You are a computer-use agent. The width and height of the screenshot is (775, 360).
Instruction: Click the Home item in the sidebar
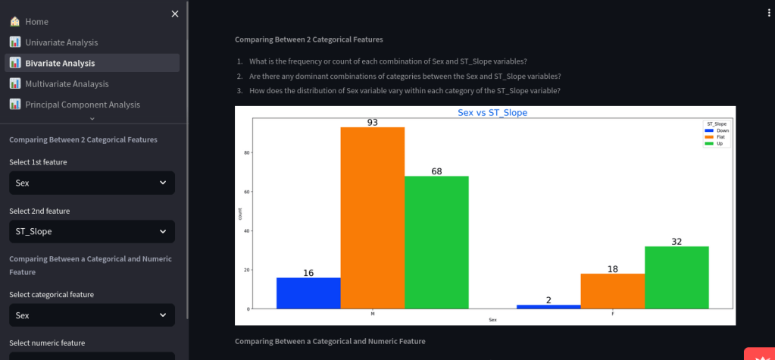[36, 21]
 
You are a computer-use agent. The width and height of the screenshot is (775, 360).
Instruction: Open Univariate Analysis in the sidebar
[61, 42]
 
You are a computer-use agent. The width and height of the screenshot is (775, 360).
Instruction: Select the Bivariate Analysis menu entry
[59, 63]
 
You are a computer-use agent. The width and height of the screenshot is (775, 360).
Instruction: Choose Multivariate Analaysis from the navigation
[67, 84]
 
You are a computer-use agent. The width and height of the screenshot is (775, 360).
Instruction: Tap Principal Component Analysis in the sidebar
[82, 105]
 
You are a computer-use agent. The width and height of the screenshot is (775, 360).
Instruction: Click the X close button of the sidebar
[175, 14]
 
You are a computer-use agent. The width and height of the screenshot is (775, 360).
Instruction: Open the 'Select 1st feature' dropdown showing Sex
[92, 183]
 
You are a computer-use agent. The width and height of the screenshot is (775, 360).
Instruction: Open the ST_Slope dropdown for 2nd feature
[92, 231]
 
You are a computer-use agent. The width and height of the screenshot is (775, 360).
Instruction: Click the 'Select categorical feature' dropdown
[92, 315]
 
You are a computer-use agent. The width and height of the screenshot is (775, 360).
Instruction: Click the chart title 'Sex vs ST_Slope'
[492, 113]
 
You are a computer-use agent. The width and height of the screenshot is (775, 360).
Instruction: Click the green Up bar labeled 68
[436, 243]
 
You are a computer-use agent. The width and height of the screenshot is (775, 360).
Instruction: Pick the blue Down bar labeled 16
[308, 293]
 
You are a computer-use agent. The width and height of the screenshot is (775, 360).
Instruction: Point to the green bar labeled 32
[677, 277]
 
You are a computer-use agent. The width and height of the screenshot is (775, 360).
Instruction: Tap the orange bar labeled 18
[612, 291]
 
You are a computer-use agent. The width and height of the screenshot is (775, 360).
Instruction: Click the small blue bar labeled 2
[548, 307]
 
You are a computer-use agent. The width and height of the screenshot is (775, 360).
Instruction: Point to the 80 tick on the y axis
[245, 152]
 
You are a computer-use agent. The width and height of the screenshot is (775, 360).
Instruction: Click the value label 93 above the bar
[373, 122]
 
